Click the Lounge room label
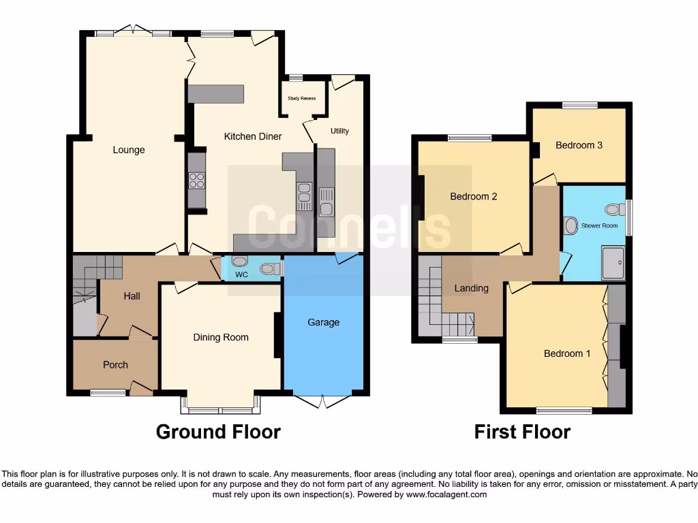click(x=129, y=150)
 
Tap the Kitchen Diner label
click(x=253, y=136)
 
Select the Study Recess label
click(x=301, y=99)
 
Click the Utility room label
click(x=339, y=131)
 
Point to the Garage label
click(x=323, y=322)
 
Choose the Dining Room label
click(x=221, y=337)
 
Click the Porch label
click(x=115, y=364)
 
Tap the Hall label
click(x=132, y=296)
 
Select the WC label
click(x=241, y=275)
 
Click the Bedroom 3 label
click(x=579, y=145)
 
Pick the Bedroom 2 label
click(x=473, y=196)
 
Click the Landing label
click(x=471, y=288)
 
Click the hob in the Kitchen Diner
click(x=196, y=180)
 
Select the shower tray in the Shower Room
click(x=613, y=263)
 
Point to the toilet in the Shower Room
click(x=616, y=209)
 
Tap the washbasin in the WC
click(x=239, y=261)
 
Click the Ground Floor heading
click(x=218, y=432)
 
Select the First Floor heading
click(x=522, y=432)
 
